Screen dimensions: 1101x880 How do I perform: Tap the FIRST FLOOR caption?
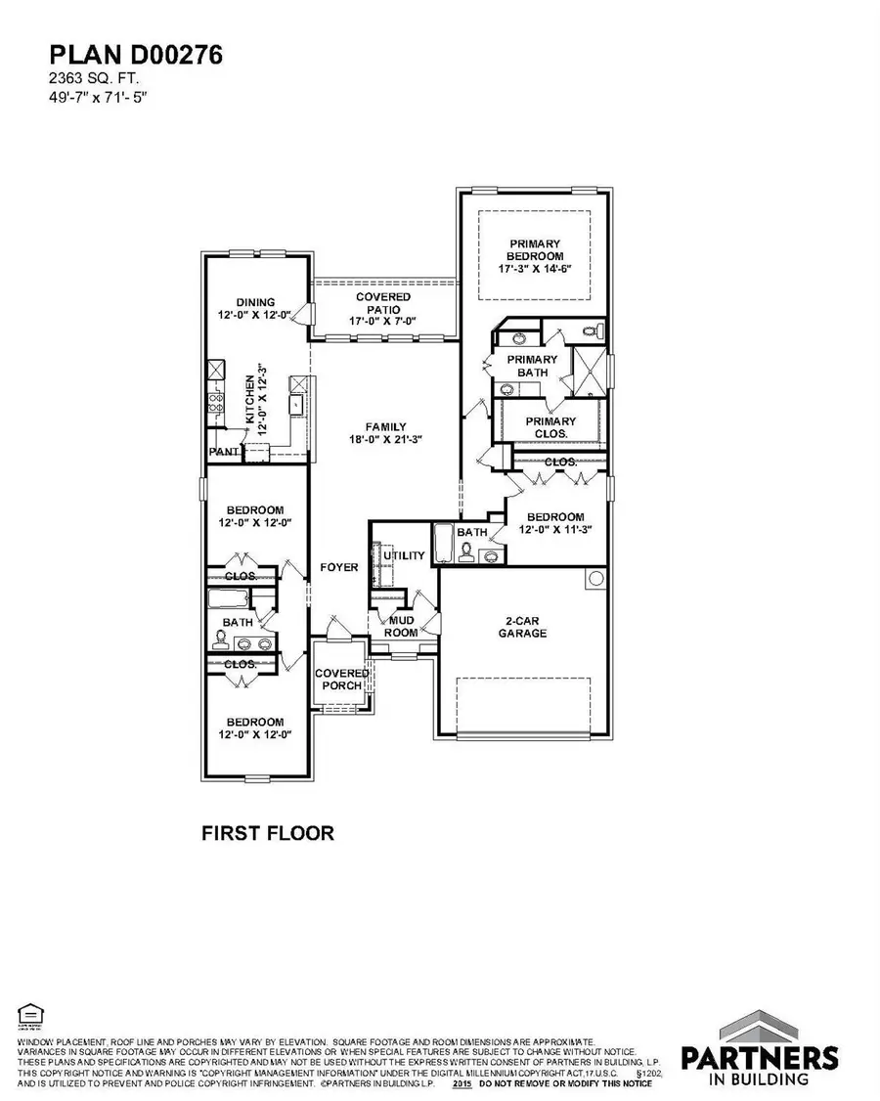267,833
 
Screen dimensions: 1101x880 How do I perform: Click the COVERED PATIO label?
383,302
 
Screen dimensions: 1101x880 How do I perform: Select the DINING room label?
255,302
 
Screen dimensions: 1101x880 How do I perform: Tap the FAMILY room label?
385,426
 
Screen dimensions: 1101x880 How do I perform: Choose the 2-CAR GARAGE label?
526,627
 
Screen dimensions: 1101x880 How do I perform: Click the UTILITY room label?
404,555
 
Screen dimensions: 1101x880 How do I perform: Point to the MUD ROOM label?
403,626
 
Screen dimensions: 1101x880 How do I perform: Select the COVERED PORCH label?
341,680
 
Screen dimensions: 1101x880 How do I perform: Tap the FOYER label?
338,567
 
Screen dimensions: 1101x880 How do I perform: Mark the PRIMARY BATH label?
532,366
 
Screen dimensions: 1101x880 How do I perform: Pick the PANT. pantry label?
224,453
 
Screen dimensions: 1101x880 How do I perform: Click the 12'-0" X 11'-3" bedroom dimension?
554,530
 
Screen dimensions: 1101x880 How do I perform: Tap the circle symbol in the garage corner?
594,579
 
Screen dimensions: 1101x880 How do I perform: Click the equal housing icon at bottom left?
25,1014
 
